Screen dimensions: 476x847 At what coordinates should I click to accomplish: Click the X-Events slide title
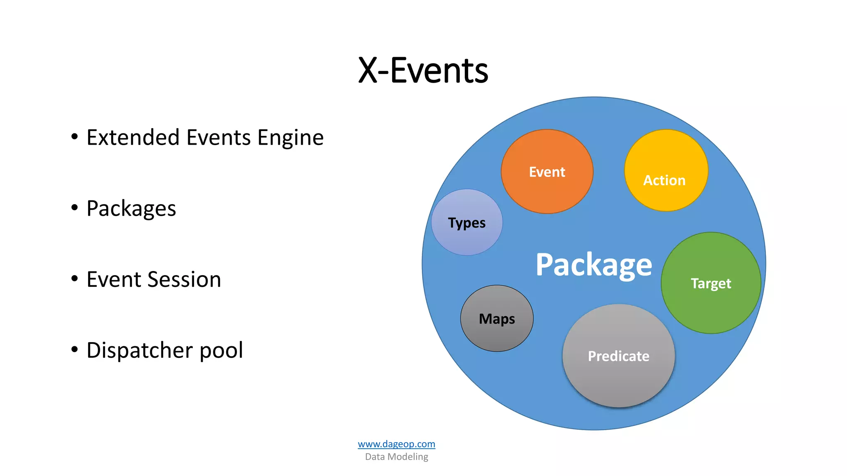tap(423, 71)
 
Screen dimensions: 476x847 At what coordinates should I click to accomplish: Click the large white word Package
tap(593, 264)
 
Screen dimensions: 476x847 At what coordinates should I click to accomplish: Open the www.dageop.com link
tap(396, 444)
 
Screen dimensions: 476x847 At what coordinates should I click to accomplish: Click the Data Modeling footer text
tap(396, 457)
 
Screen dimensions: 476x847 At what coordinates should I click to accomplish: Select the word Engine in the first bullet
tap(290, 138)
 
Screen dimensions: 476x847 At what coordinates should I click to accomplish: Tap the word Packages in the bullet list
tap(131, 209)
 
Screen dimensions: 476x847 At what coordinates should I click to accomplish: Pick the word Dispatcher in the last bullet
tap(139, 351)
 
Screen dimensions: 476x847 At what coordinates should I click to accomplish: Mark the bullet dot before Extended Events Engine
tap(74, 136)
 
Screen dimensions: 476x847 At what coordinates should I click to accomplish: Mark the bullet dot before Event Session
tap(74, 278)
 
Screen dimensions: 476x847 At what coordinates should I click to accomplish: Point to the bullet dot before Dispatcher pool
tap(74, 350)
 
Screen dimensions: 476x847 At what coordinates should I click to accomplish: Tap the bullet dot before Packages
tap(74, 207)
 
